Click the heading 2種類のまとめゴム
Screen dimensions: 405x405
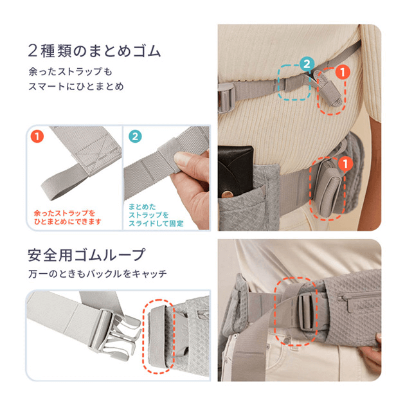click(94, 51)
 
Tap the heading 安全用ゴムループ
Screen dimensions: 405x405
click(87, 255)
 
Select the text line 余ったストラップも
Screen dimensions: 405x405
click(70, 71)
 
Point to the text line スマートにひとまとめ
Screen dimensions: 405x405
click(76, 86)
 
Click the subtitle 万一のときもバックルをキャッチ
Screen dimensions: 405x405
click(98, 274)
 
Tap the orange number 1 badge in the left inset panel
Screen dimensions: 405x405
click(37, 136)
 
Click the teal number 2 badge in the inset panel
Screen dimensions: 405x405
click(135, 136)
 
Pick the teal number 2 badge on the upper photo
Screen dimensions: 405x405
click(307, 64)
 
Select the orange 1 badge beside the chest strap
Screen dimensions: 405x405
click(343, 73)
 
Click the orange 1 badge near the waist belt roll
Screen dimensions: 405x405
click(346, 164)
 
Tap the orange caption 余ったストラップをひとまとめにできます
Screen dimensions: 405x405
click(67, 217)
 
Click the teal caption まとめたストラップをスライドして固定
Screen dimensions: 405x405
click(156, 215)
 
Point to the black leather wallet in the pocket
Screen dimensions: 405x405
click(235, 169)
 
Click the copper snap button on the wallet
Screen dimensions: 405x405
click(227, 194)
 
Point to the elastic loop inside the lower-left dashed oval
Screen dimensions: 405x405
click(158, 337)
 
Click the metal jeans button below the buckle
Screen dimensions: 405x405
click(285, 341)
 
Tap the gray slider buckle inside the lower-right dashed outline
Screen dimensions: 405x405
click(307, 312)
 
